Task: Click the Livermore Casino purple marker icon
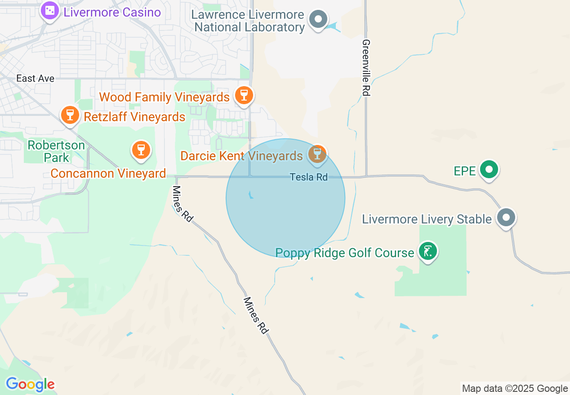tap(49, 10)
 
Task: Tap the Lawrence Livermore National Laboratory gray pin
tap(319, 19)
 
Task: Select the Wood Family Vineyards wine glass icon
tap(244, 95)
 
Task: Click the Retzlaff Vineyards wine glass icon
tap(70, 114)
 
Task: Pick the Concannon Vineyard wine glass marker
tap(141, 150)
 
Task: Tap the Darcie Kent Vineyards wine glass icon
tap(317, 154)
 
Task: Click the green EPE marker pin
tap(489, 170)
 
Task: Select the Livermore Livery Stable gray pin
tap(506, 218)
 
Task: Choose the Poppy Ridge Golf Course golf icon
tap(427, 251)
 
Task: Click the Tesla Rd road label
tap(309, 177)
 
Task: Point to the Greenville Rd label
tap(366, 67)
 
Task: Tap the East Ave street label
tap(35, 79)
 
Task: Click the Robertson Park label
tap(56, 151)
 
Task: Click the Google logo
tap(30, 384)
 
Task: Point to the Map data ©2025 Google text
tap(515, 389)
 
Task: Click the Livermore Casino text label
tap(112, 12)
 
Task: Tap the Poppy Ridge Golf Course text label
tap(344, 253)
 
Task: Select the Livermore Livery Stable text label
tap(427, 219)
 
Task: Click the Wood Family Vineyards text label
tap(164, 97)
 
